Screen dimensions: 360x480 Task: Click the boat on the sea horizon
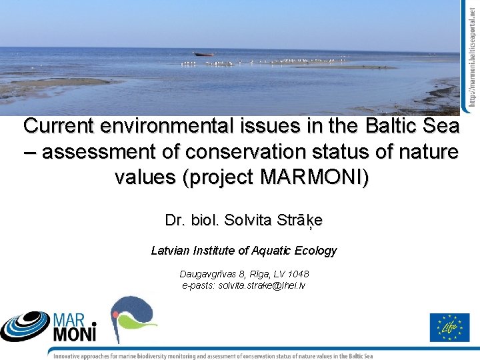(204, 54)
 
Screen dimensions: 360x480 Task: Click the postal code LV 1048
(291, 274)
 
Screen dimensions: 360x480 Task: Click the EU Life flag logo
(449, 327)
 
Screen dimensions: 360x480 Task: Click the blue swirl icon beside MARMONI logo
(25, 326)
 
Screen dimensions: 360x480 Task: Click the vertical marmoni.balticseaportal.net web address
(471, 53)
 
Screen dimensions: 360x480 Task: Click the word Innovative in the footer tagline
(72, 355)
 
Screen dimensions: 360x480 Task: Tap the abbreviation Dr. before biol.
(175, 220)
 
